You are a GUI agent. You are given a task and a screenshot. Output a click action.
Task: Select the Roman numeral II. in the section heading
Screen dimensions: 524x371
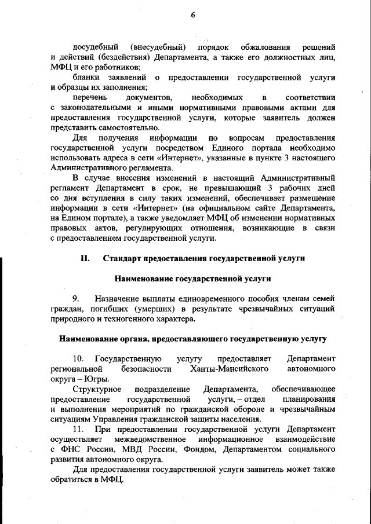[x=85, y=259]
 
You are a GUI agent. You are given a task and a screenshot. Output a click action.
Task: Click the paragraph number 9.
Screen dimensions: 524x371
[x=76, y=298]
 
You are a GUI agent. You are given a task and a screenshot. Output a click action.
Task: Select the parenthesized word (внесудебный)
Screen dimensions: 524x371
[x=158, y=46]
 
